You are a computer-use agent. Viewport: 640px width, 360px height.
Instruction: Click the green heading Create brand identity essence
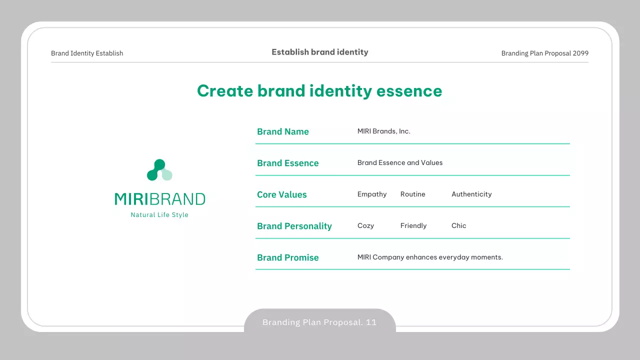pos(319,91)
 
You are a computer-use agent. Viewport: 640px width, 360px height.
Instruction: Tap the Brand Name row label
pos(283,131)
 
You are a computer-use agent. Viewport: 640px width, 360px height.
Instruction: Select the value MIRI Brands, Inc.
pos(383,131)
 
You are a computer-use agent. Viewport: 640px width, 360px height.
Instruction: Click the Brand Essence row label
pos(287,163)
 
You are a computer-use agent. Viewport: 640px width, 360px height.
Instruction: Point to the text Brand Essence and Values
pos(400,162)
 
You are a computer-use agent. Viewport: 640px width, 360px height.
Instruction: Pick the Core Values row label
pos(281,194)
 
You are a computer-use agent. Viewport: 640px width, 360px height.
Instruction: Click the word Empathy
pos(372,194)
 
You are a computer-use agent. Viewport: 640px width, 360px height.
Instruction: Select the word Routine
pos(413,194)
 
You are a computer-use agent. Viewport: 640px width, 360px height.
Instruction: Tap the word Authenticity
pos(471,194)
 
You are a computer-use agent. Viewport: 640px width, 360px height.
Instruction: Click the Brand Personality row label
pos(294,226)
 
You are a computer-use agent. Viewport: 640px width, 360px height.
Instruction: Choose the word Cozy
pos(365,225)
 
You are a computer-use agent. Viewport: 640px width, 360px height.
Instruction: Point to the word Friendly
pos(413,225)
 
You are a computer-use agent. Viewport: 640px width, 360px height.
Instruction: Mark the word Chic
pos(459,225)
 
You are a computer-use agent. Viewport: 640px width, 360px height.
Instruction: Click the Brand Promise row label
pos(287,257)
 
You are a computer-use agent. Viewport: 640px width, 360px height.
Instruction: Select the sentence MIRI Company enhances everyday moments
pos(430,257)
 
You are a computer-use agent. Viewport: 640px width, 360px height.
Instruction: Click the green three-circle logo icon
pos(159,169)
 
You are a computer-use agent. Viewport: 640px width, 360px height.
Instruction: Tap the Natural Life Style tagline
pos(159,215)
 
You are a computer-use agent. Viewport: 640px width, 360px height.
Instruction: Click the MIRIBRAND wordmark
pos(160,199)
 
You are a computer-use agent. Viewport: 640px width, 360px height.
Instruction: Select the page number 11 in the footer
pos(371,322)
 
